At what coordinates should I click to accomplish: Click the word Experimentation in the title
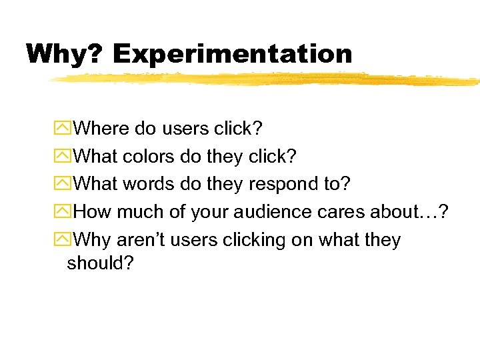(x=233, y=54)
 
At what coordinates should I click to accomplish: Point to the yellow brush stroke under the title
(x=267, y=79)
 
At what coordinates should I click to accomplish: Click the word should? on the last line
(x=101, y=263)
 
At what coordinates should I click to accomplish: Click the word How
(x=93, y=211)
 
